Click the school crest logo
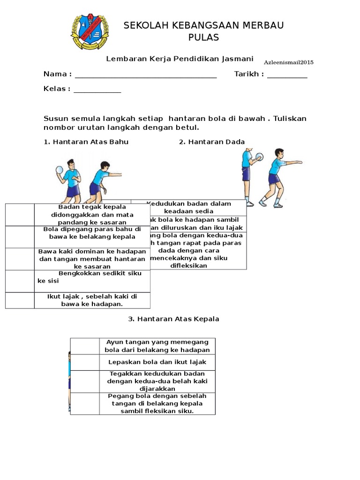tap(90, 32)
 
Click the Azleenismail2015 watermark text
tap(289, 62)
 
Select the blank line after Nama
tap(145, 76)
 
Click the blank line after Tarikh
tap(287, 76)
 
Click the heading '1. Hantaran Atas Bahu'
tap(86, 142)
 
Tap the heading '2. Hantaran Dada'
tap(212, 142)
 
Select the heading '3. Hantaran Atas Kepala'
tap(173, 319)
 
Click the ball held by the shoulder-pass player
tap(59, 170)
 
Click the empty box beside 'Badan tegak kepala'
tap(20, 215)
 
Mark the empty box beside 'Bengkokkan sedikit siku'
tap(20, 281)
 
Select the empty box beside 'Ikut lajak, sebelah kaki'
tap(20, 300)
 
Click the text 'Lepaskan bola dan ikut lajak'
tap(157, 362)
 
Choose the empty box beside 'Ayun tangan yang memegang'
tap(85, 346)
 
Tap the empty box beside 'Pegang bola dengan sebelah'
tap(85, 404)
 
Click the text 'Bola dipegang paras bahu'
tap(92, 233)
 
